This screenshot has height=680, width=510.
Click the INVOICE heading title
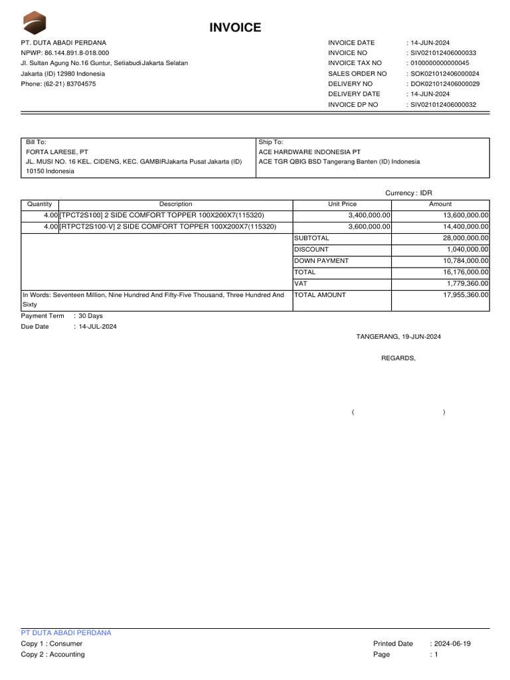[235, 27]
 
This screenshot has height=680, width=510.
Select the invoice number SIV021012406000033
[444, 52]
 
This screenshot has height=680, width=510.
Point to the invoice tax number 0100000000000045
[440, 63]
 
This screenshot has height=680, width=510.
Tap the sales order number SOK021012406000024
[445, 74]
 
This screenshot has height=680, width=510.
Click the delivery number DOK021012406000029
[445, 84]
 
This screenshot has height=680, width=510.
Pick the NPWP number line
[65, 52]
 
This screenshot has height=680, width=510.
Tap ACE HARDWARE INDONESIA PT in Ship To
[309, 152]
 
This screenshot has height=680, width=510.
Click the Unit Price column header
[342, 205]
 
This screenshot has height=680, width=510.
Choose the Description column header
[175, 205]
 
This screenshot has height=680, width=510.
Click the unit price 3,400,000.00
[369, 215]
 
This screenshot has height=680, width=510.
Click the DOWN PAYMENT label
[321, 261]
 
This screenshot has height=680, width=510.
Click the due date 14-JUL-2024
[98, 327]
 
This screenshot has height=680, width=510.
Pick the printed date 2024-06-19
[453, 643]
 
